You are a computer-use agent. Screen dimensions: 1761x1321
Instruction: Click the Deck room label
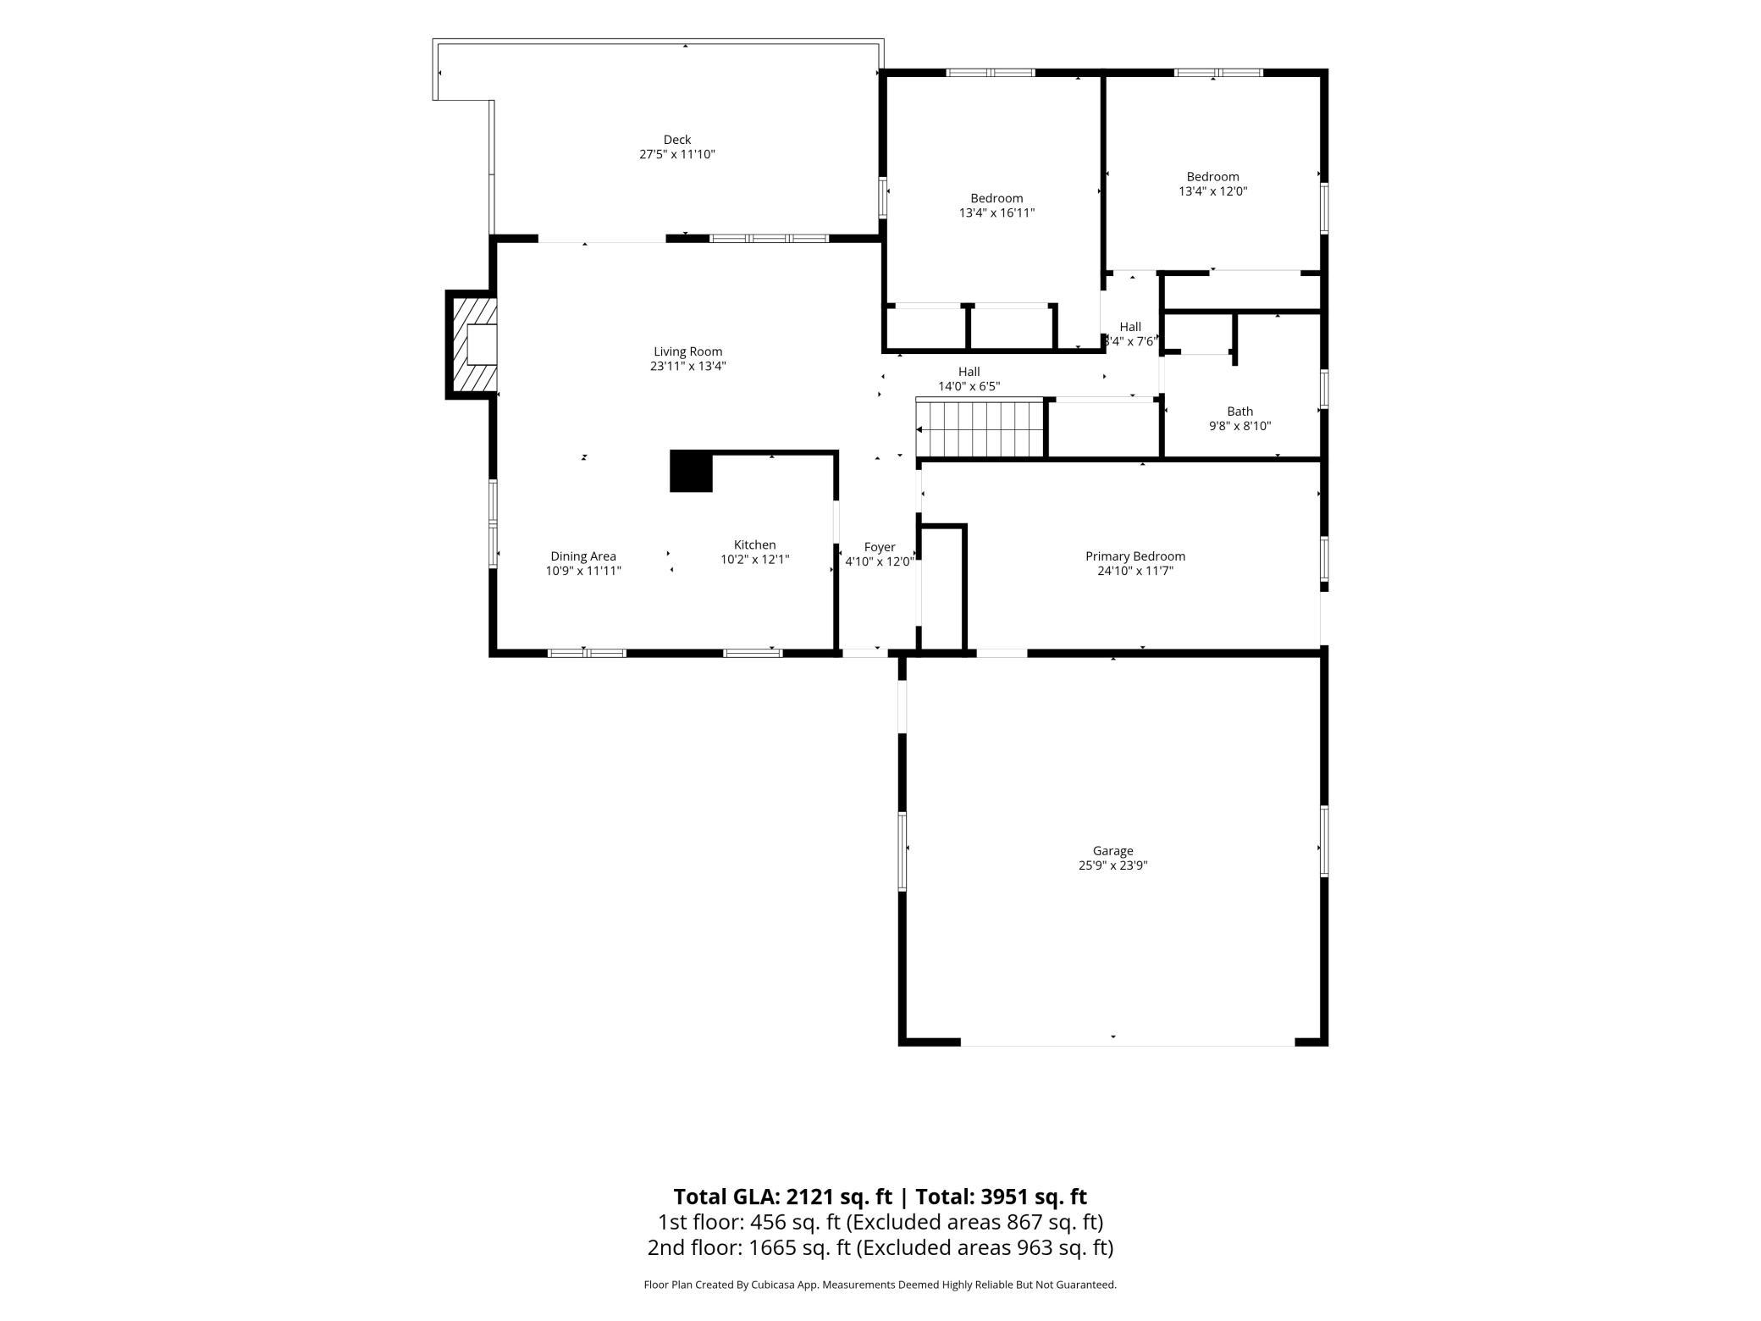point(677,140)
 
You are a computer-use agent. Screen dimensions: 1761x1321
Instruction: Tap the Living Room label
point(688,351)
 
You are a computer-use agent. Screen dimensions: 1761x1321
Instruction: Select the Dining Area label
point(583,556)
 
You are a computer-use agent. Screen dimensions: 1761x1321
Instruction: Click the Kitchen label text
point(754,545)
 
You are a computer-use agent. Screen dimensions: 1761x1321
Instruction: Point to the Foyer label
point(880,548)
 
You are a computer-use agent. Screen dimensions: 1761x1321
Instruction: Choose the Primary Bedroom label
point(1135,556)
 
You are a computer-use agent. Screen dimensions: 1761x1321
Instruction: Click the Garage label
point(1112,851)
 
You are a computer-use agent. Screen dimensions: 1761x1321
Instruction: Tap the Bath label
point(1239,412)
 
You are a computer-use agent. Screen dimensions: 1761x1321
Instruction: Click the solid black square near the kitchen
point(691,472)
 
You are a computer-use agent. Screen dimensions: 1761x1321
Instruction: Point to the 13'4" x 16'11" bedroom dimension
point(996,213)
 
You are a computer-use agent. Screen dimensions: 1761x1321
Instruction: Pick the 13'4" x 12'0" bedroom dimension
point(1212,191)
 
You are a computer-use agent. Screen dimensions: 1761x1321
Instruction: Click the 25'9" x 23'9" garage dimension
point(1112,865)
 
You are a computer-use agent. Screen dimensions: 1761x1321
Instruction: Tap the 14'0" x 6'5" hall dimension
point(969,386)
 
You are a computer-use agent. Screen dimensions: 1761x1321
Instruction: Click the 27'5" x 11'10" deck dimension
point(677,154)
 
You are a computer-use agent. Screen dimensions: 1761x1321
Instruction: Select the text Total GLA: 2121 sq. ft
point(782,1197)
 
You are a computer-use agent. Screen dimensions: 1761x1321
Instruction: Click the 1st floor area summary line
point(880,1222)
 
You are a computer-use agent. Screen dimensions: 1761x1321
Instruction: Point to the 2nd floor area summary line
point(880,1247)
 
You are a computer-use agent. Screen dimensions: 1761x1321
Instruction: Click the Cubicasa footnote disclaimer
point(880,1285)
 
